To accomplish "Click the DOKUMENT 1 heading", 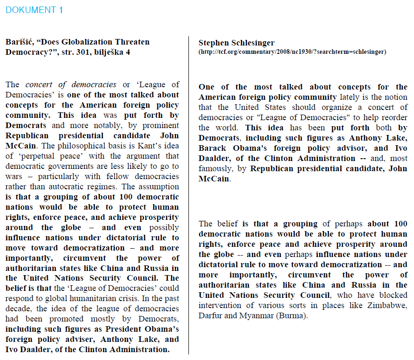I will pos(34,10).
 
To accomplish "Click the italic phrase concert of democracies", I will pos(71,84).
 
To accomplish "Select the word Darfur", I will pos(211,315).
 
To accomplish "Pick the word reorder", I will pos(393,118).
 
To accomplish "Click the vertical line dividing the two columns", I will pos(189,195).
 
